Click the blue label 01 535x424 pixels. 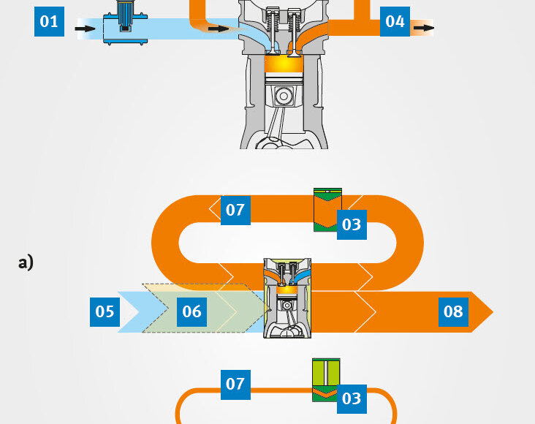[x=49, y=21]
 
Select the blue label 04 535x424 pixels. [x=395, y=21]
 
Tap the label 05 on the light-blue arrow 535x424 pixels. [x=105, y=312]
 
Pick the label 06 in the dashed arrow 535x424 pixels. [x=191, y=312]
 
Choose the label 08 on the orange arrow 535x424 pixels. [x=453, y=312]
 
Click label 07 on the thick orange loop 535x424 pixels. [x=235, y=211]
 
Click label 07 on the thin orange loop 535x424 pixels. [x=235, y=384]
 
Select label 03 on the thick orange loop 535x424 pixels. [x=352, y=224]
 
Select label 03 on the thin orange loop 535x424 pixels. [x=352, y=398]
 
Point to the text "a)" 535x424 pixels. [x=26, y=262]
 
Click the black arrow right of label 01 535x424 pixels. [x=86, y=29]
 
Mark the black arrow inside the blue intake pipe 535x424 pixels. [x=216, y=29]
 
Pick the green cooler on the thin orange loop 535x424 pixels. [x=326, y=379]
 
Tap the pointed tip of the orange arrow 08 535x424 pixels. [x=491, y=312]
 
